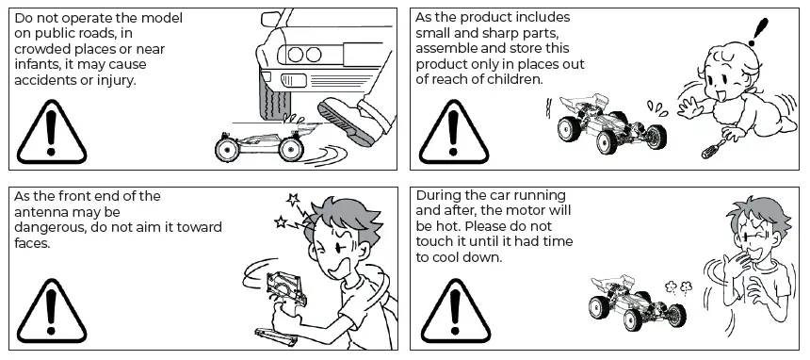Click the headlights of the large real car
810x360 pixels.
coord(304,55)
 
